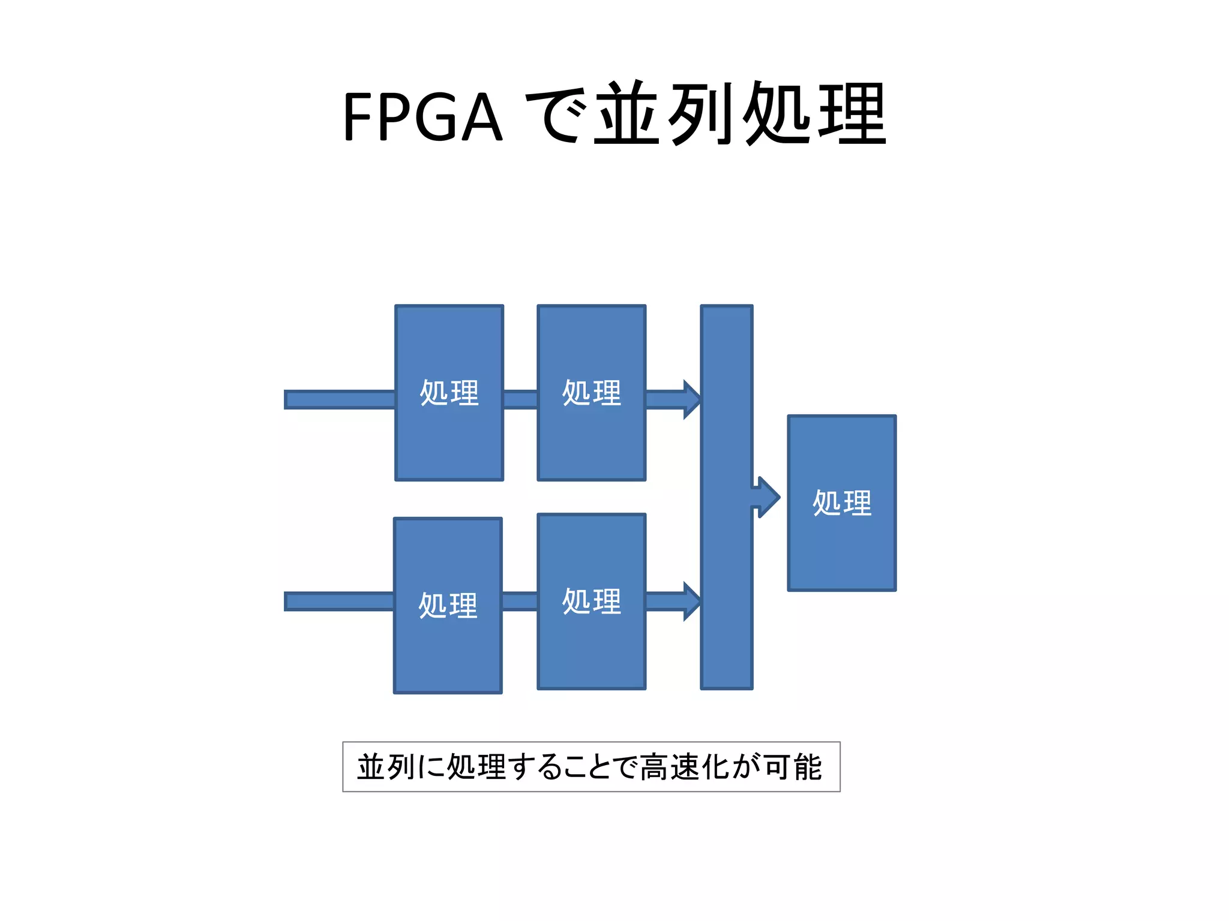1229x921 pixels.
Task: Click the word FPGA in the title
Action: [x=422, y=117]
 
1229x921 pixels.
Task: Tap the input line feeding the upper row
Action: [x=340, y=399]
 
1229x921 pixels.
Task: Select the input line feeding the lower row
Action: [x=339, y=601]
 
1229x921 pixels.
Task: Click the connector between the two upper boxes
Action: [x=520, y=399]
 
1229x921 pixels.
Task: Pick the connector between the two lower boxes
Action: [x=520, y=601]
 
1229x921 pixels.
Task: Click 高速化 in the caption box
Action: [x=685, y=767]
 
